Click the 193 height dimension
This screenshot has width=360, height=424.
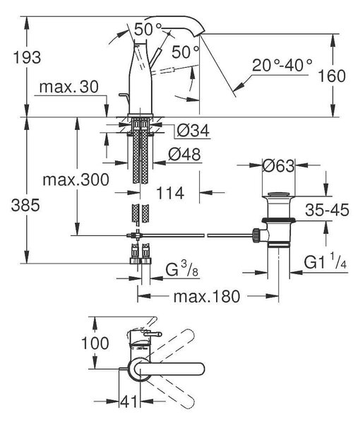(27, 58)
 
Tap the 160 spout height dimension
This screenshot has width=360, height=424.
(332, 76)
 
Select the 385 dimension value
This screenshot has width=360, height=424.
(25, 205)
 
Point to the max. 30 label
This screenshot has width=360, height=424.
(69, 87)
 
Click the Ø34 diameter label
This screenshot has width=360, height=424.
(193, 131)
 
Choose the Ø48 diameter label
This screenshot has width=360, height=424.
(185, 154)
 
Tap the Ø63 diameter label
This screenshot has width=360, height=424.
(278, 166)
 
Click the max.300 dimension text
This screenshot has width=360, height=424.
(76, 179)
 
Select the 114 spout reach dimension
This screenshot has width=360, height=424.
(170, 194)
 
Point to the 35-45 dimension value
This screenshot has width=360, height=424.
(327, 210)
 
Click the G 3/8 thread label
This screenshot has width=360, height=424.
(181, 269)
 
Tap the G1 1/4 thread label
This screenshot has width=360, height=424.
(325, 262)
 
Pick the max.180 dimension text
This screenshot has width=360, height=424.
(207, 296)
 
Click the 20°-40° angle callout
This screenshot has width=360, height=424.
(282, 65)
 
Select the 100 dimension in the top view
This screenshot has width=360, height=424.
(95, 343)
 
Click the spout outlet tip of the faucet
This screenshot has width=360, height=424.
(201, 34)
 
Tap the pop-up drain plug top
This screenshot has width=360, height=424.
(278, 194)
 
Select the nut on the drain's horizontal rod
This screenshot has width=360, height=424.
(256, 235)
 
